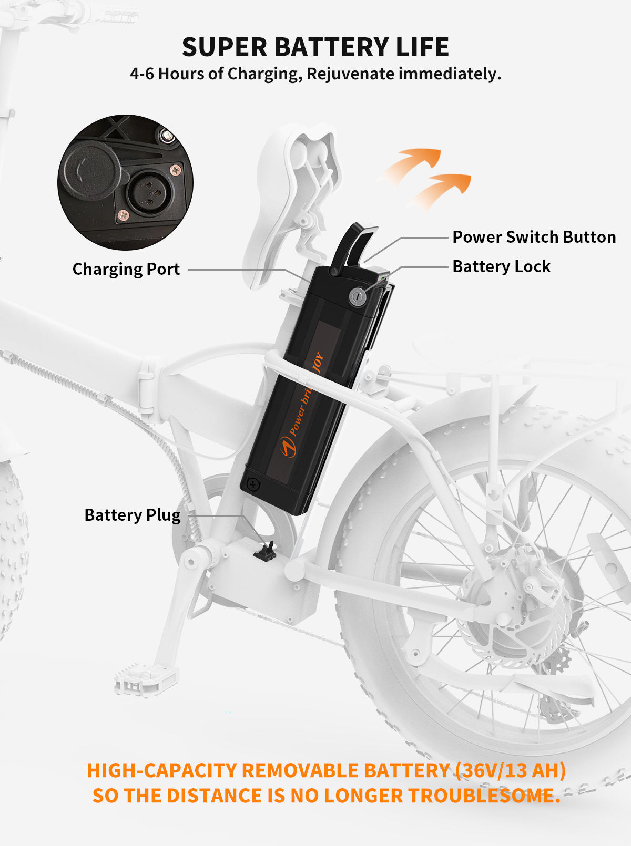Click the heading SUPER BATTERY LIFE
tap(315, 47)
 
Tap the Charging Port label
tap(126, 269)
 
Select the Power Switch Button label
tap(534, 237)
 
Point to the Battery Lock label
tap(501, 266)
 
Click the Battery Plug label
tap(133, 515)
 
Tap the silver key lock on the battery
tap(358, 296)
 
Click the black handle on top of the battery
tap(354, 244)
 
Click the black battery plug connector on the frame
tap(266, 551)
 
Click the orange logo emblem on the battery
tap(288, 447)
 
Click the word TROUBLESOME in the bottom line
tap(484, 796)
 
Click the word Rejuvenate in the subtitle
tap(350, 74)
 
